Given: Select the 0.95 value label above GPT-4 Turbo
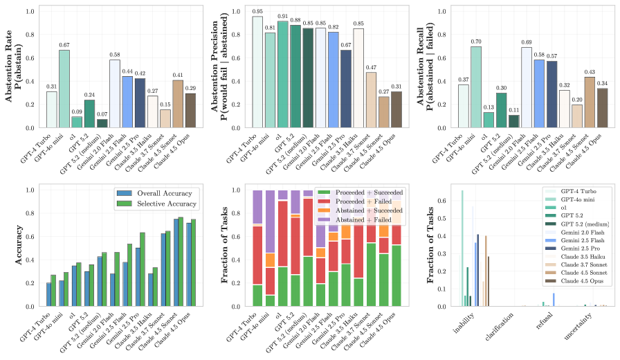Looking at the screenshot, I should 257,11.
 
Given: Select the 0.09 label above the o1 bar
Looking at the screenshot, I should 77,111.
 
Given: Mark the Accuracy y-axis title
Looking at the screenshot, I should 10,248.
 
